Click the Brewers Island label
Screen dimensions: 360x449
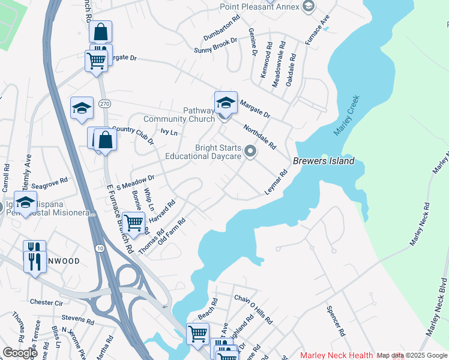(x=324, y=161)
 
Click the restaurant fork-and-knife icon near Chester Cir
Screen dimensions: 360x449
(x=34, y=262)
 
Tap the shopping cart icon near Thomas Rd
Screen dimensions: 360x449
(x=133, y=222)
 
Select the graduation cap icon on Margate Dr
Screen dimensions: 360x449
(x=226, y=102)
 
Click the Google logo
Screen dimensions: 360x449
(x=20, y=353)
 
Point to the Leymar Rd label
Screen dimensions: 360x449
(x=277, y=182)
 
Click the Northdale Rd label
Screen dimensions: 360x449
(x=259, y=137)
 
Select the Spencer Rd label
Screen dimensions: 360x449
(x=335, y=321)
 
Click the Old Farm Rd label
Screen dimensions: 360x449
(x=171, y=232)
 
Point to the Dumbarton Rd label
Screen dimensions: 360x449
(x=221, y=26)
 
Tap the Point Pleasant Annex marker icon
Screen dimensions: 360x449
(x=309, y=7)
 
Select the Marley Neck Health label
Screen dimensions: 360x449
(x=337, y=355)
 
